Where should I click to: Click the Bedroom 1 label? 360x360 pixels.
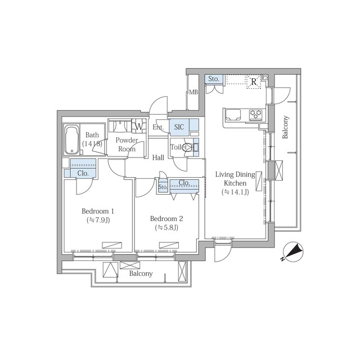click(98, 211)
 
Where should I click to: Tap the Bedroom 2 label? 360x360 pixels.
click(166, 219)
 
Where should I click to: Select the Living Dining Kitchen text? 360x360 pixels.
click(235, 179)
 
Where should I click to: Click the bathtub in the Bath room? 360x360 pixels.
click(71, 140)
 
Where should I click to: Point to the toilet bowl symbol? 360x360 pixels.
click(187, 147)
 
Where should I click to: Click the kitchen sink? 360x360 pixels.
click(233, 115)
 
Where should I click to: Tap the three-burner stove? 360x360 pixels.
click(256, 114)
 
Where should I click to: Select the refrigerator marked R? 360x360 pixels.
click(254, 82)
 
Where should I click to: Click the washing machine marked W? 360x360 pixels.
click(139, 126)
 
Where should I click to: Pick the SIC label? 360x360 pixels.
click(179, 127)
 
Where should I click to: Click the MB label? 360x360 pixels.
click(193, 92)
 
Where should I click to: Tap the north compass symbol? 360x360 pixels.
click(293, 252)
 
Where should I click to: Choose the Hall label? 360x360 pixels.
click(158, 157)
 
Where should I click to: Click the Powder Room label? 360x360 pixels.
click(127, 145)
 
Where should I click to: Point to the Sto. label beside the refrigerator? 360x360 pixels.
click(214, 79)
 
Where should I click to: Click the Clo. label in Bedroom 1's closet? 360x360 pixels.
click(83, 173)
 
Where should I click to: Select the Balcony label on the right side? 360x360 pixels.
click(285, 127)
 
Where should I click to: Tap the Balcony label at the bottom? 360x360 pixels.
click(141, 273)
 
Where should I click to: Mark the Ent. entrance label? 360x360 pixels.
click(158, 127)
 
